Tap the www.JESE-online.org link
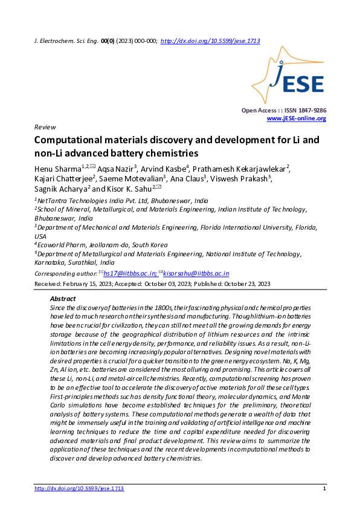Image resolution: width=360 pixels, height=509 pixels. pos(296,118)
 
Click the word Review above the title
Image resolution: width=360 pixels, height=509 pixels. pos(45,128)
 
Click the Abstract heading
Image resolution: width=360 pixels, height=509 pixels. pos(62,299)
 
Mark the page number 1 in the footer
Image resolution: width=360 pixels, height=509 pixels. pos(325,488)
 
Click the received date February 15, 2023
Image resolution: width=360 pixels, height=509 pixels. pos(86,284)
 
